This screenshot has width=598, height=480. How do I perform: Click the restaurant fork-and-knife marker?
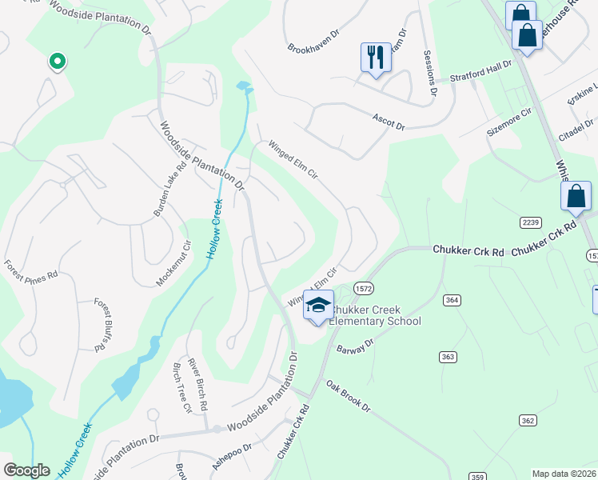376,57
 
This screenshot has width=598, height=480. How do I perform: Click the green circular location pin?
57,61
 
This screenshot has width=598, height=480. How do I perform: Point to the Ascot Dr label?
389,122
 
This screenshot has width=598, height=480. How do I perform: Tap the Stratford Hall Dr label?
480,74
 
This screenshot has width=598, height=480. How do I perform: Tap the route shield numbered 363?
447,355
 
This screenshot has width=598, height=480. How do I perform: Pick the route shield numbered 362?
527,420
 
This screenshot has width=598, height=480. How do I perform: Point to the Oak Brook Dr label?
348,394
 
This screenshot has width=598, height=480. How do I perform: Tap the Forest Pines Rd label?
31,269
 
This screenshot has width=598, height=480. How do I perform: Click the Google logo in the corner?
26,470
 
